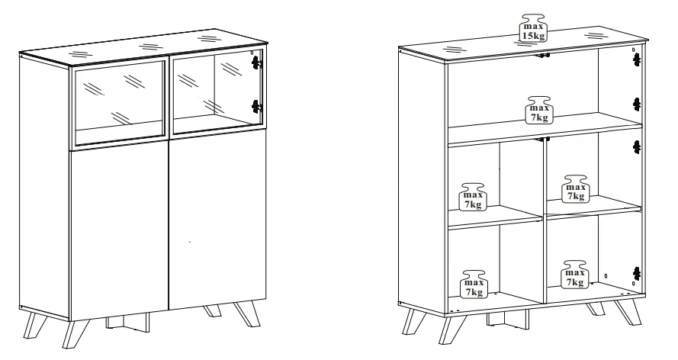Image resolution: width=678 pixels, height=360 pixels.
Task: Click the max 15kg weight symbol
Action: click(532, 28)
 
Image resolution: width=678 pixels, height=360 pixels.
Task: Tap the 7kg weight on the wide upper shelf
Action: click(538, 110)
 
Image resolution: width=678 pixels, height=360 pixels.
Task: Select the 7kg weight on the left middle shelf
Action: click(473, 197)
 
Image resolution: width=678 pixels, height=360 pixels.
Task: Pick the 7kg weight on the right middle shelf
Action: click(576, 189)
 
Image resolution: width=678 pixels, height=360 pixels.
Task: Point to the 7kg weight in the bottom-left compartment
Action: click(474, 284)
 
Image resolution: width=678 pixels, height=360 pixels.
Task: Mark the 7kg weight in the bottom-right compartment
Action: click(574, 275)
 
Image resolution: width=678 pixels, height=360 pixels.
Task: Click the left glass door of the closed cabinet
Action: click(120, 104)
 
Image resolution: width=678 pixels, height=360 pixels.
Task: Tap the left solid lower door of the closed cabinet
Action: click(119, 233)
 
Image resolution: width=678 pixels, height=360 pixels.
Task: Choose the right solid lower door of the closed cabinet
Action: click(217, 219)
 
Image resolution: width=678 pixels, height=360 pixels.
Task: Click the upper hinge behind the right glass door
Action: click(257, 63)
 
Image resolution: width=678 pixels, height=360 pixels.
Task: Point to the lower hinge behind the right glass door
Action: click(257, 106)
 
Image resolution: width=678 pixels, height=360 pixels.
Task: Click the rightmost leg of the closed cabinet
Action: click(247, 313)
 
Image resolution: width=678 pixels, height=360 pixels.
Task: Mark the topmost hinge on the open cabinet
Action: click(637, 59)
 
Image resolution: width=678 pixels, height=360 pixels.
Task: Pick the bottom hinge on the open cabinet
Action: click(637, 274)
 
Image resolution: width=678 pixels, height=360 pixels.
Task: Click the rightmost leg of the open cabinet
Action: click(628, 312)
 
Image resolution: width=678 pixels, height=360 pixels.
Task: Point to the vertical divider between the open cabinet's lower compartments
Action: click(545, 221)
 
